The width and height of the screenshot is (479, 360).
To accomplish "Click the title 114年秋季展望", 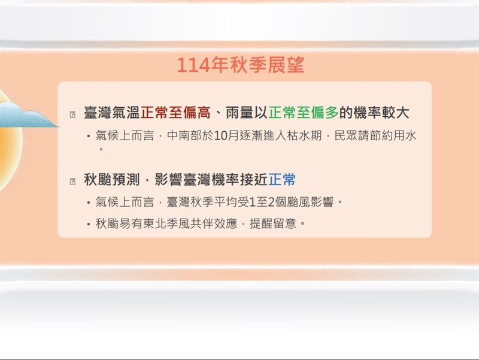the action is pyautogui.click(x=241, y=65).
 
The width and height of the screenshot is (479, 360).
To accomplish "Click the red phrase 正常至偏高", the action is pyautogui.click(x=175, y=113).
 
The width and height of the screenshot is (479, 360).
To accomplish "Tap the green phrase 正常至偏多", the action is pyautogui.click(x=304, y=113).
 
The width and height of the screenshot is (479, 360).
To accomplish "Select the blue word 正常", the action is pyautogui.click(x=282, y=179).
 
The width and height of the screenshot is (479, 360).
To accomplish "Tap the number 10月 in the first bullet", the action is pyautogui.click(x=226, y=135).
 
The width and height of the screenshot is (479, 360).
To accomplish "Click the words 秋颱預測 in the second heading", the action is pyautogui.click(x=112, y=179).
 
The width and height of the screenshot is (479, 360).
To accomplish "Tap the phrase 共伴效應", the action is pyautogui.click(x=214, y=223).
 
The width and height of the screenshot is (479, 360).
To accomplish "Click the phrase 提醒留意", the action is pyautogui.click(x=273, y=223).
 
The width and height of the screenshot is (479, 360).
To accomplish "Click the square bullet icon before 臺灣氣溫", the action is pyautogui.click(x=72, y=114).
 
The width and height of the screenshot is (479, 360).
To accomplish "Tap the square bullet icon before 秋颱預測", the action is pyautogui.click(x=72, y=181).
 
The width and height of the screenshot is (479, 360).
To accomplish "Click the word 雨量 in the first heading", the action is pyautogui.click(x=240, y=113).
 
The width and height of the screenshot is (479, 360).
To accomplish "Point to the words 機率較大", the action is pyautogui.click(x=381, y=113).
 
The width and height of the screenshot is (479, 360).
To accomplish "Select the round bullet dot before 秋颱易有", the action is pyautogui.click(x=88, y=225).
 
